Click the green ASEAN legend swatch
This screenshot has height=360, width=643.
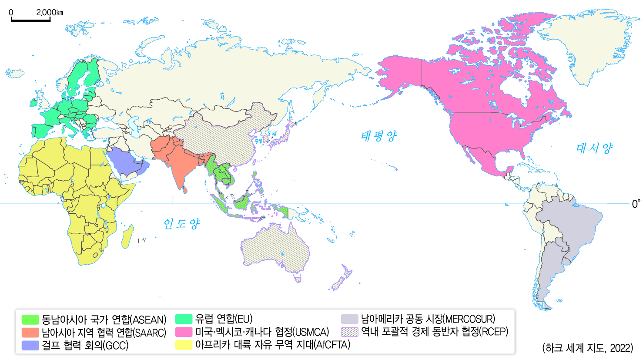[x=30, y=320]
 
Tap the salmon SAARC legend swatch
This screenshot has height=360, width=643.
[x=30, y=333]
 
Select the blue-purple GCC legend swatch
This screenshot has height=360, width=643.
[x=30, y=345]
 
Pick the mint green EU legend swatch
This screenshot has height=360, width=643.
[x=184, y=319]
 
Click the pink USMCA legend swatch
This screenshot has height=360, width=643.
[x=184, y=332]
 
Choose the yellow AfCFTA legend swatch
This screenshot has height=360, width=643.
[x=184, y=345]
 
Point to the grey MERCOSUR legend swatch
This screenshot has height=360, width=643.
[x=349, y=319]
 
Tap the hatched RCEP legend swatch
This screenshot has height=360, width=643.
[x=349, y=332]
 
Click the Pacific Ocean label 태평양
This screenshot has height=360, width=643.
[x=378, y=136]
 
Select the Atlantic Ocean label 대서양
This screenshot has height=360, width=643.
[x=594, y=148]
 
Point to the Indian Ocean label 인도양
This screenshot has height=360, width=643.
[x=181, y=224]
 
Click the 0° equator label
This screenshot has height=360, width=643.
[x=636, y=204]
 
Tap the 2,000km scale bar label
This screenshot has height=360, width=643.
[x=50, y=12]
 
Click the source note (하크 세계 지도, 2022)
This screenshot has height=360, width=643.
[x=587, y=348]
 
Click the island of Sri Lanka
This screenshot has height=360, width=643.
[x=185, y=190]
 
